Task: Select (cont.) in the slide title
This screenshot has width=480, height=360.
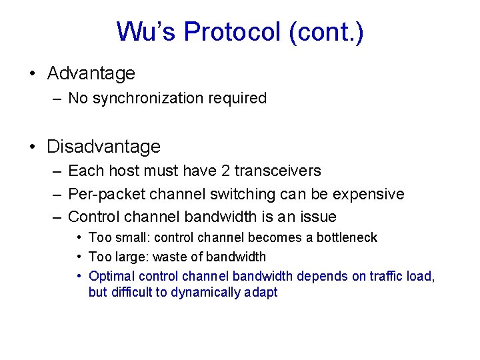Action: pyautogui.click(x=327, y=32)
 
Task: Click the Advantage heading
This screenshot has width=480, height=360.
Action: pyautogui.click(x=91, y=73)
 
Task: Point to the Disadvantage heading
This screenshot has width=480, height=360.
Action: pyautogui.click(x=103, y=146)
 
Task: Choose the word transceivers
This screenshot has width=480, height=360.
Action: pyautogui.click(x=277, y=171)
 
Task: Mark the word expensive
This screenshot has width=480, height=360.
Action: pyautogui.click(x=369, y=194)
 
